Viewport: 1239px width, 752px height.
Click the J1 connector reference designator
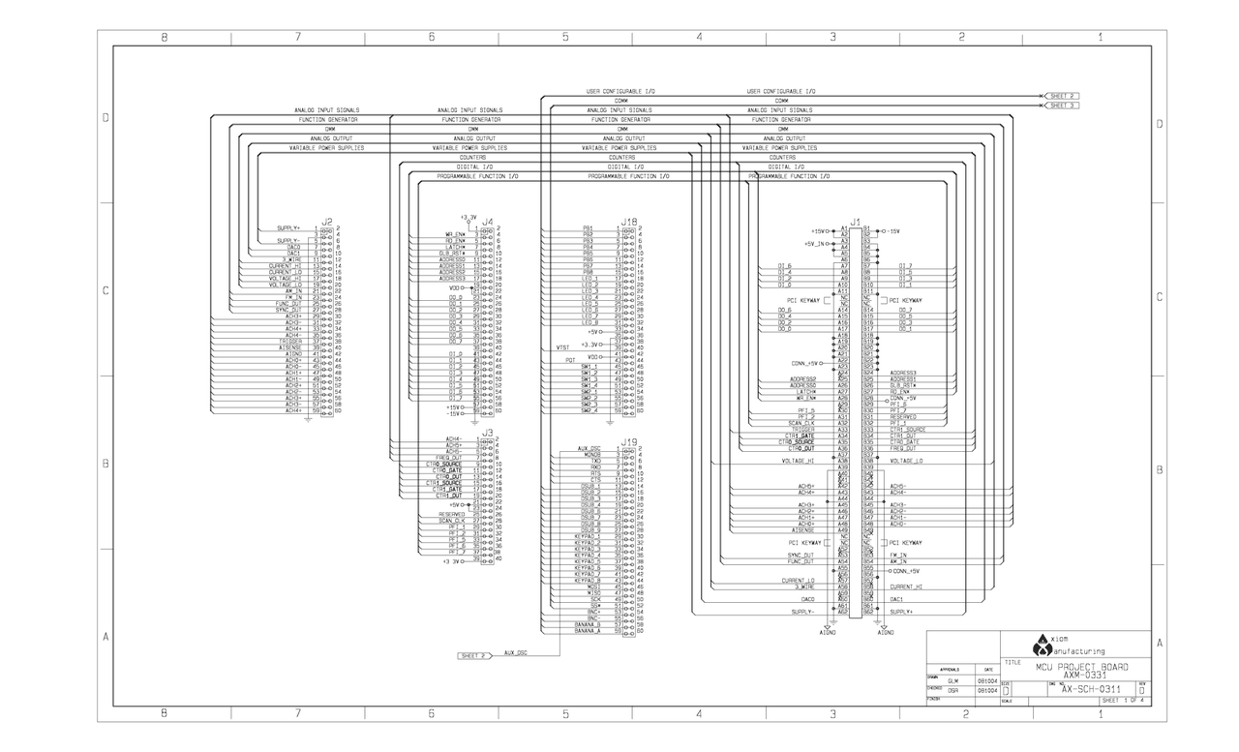[855, 222]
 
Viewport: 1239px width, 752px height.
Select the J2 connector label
[326, 222]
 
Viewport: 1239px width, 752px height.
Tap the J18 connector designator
[628, 222]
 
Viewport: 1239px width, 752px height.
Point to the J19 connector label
[628, 441]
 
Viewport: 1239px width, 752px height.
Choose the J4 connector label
[488, 222]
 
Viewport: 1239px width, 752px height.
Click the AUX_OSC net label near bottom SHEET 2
[516, 653]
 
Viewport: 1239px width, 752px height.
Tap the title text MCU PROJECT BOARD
[1081, 667]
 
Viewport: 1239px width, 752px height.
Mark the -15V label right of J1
[892, 231]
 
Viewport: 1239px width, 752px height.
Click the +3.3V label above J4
[468, 217]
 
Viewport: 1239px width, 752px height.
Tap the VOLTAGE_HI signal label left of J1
[798, 461]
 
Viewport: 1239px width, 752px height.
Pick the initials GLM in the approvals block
[953, 680]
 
